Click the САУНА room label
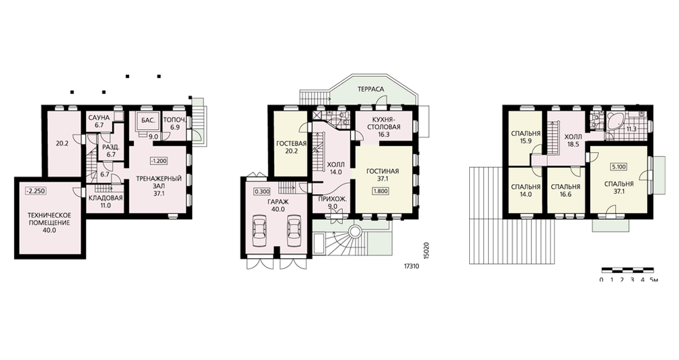pos(98,118)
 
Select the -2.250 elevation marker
pos(35,191)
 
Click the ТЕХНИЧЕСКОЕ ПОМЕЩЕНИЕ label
pos(49,219)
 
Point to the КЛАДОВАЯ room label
pos(106,198)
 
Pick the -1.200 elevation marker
pos(158,161)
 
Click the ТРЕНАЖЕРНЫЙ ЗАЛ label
pos(158,183)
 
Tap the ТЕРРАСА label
pos(371,89)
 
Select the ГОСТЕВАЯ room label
pos(291,143)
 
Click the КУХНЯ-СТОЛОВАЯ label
pos(386,124)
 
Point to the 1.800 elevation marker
pos(380,191)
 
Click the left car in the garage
pos(260,231)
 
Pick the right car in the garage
pos(294,231)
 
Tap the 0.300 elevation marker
pos(262,192)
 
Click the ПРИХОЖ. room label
pos(332,199)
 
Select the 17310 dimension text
pos(411,266)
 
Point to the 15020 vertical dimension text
pos(426,251)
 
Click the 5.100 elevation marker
pos(619,167)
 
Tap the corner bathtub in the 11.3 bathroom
pos(616,122)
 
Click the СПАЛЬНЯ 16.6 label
pos(566,191)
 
